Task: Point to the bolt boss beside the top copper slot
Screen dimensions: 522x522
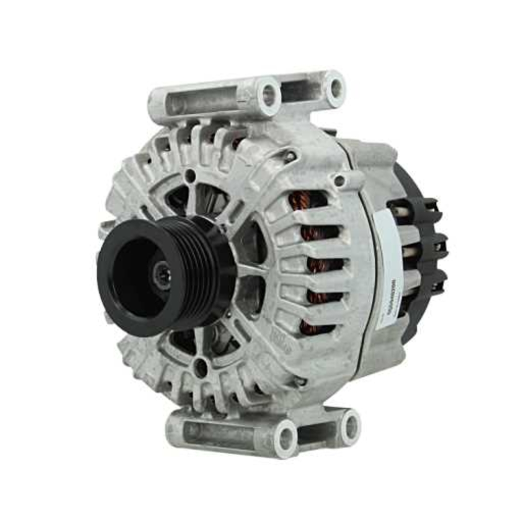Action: point(340,181)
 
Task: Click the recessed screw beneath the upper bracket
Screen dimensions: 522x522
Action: point(288,156)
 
